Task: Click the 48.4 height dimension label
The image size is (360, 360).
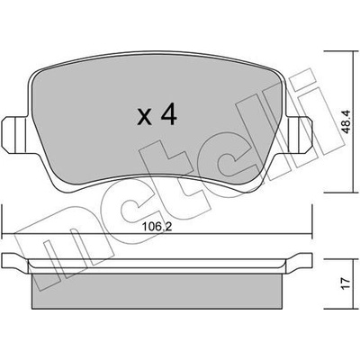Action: [346, 122]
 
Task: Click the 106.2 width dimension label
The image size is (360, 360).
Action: [157, 227]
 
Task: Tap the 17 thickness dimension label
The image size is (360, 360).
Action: [346, 283]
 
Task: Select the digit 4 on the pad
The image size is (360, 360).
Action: [168, 114]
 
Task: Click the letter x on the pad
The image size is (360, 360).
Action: [144, 118]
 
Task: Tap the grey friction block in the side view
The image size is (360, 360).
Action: [157, 292]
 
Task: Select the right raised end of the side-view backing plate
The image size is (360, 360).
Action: [299, 260]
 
